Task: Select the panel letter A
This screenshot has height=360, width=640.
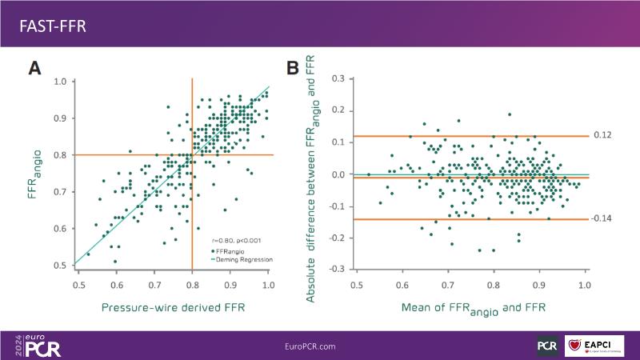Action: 34,68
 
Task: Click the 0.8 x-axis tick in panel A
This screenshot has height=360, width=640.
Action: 192,284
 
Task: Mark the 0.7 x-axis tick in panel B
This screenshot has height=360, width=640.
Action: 447,284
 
